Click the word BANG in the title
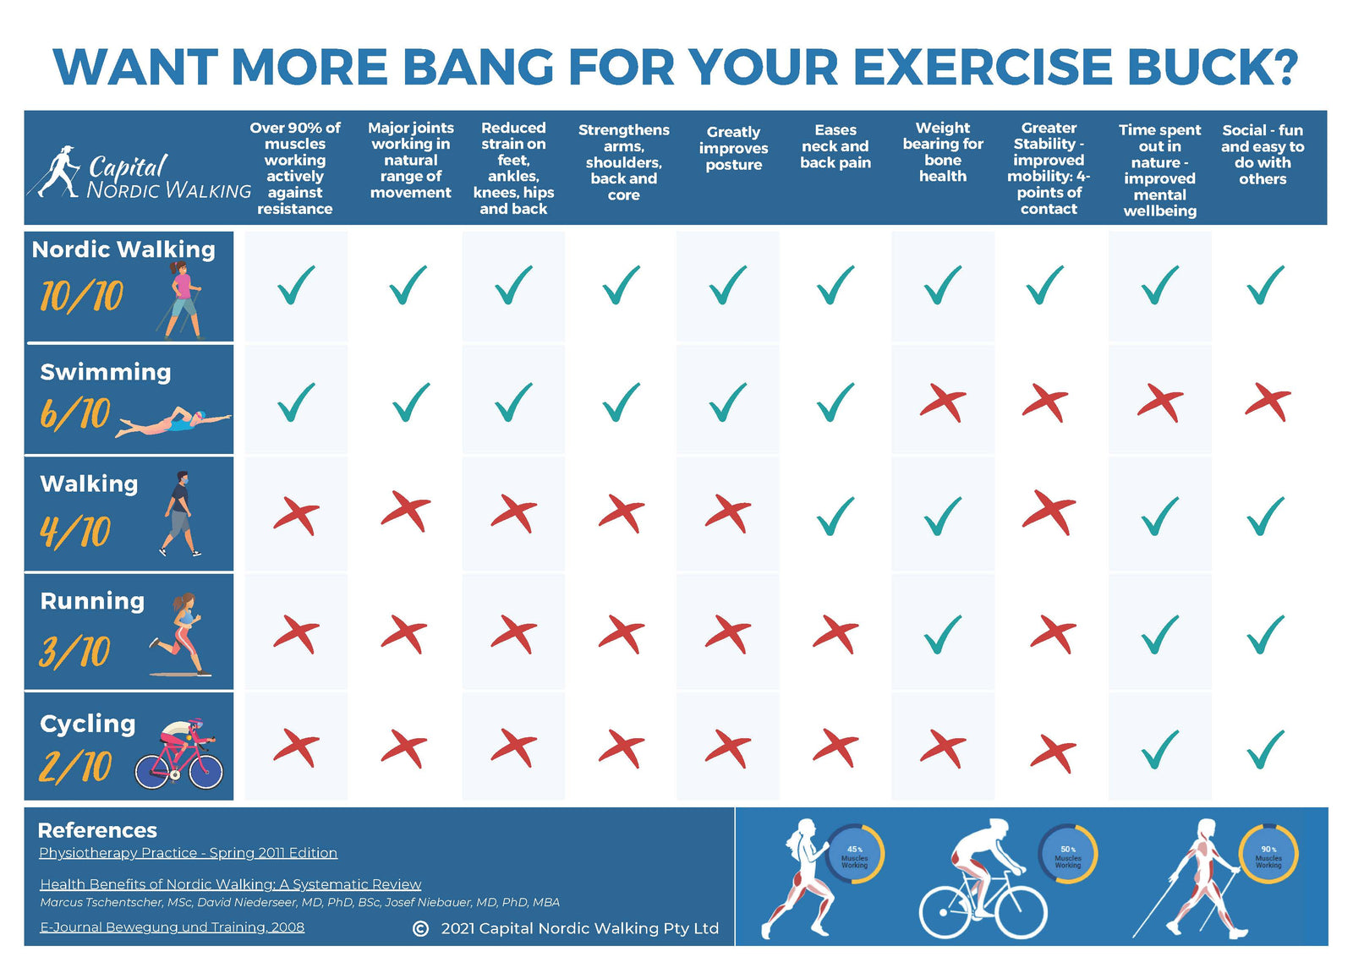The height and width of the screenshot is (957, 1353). point(478,67)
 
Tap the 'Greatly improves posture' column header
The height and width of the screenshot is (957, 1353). point(733,148)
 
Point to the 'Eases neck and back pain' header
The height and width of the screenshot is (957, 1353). point(835,146)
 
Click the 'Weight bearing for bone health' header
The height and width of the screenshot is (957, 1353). point(943,152)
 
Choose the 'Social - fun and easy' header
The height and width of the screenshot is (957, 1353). point(1263,154)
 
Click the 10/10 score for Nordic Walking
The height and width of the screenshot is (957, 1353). point(82,296)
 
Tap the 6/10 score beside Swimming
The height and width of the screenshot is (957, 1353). point(75,413)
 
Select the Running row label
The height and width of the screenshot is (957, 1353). point(92,601)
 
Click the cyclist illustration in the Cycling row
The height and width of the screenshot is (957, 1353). point(180,755)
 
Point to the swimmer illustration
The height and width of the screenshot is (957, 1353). point(173,422)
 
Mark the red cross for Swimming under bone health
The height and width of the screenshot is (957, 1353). point(943,402)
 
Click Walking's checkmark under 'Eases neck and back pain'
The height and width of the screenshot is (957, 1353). point(835,516)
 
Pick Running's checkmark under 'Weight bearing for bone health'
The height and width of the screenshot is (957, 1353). point(943,634)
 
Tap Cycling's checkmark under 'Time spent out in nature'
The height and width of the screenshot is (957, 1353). point(1159,749)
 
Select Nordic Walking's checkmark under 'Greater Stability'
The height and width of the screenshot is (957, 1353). point(1045,285)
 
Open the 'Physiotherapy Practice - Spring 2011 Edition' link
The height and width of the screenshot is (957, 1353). point(188,853)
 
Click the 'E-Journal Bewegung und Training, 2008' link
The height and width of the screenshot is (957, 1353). point(172,927)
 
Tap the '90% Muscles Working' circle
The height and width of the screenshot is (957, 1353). point(1268,855)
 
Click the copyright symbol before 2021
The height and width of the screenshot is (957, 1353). point(420,928)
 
